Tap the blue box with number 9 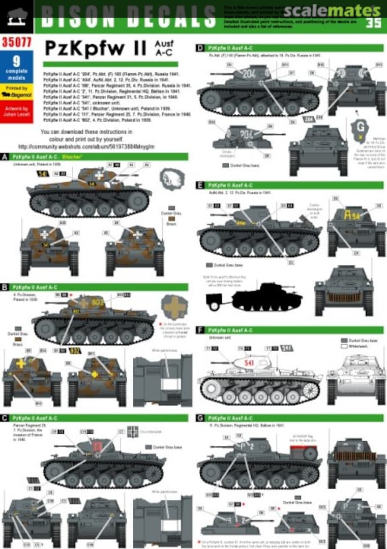pos(16,67)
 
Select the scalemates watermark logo pos(331,10)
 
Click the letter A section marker pos(5,157)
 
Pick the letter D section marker pos(200,48)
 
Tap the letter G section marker pos(200,418)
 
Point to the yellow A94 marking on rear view pos(352,215)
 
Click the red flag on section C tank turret pos(97,447)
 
